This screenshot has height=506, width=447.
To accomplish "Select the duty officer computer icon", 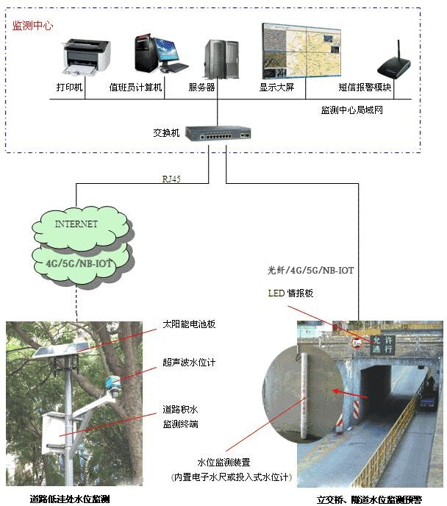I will click(x=157, y=53).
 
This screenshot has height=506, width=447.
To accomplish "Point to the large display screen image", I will click(x=301, y=51).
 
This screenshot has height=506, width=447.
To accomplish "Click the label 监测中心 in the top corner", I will click(x=33, y=25).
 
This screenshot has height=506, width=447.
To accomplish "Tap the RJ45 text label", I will click(x=171, y=179).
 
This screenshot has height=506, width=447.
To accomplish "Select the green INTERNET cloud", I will click(x=76, y=224).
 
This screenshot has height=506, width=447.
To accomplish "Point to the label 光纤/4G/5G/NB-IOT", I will click(x=311, y=271).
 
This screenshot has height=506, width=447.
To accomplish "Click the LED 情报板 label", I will click(x=290, y=293).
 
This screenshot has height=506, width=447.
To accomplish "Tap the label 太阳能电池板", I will click(x=189, y=324).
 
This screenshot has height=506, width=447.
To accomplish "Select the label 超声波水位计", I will click(x=189, y=363).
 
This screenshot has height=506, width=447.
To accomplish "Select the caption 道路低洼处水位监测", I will click(x=70, y=499).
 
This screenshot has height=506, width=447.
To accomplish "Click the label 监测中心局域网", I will click(x=351, y=110).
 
